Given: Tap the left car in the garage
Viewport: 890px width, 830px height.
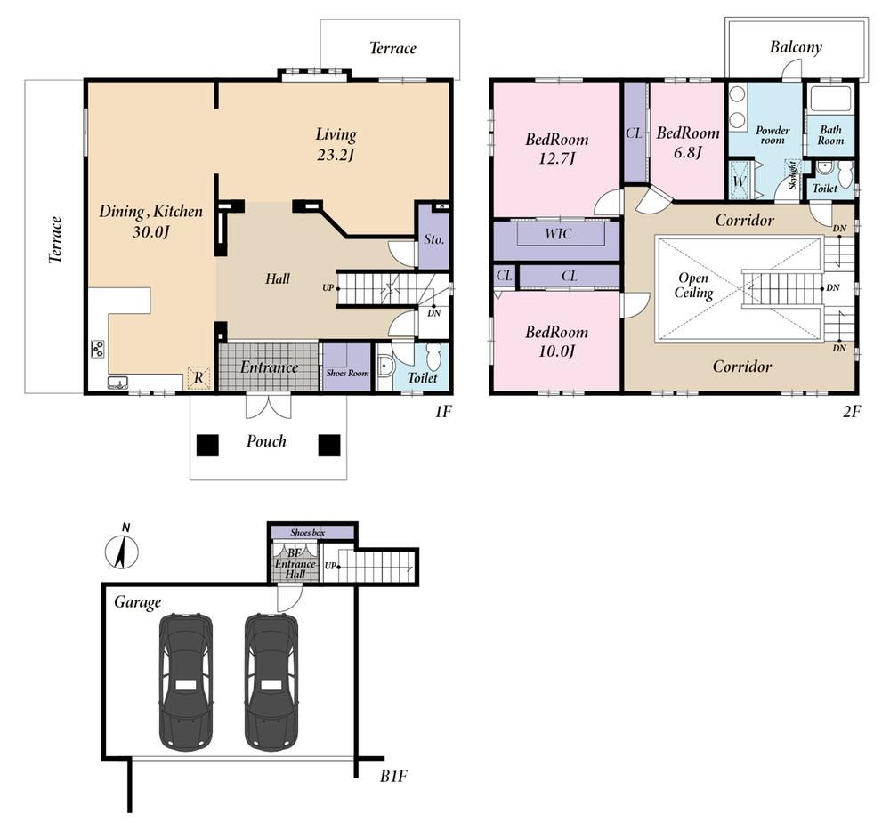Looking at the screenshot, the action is [186, 681].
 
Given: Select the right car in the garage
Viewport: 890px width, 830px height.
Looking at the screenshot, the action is [271, 681].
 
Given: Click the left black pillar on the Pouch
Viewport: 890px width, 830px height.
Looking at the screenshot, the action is [207, 446].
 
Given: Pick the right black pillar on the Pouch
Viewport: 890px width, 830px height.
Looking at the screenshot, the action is [329, 446].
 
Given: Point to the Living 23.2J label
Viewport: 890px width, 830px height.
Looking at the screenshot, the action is [336, 144].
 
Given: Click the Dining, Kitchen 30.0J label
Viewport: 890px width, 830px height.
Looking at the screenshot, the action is [150, 221].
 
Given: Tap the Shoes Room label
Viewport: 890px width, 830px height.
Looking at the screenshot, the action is [347, 374].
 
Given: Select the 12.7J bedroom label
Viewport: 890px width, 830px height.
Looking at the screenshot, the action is [557, 149].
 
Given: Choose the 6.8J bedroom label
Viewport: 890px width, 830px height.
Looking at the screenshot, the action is [688, 142].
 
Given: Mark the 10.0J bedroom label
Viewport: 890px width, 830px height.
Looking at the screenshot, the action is [557, 341].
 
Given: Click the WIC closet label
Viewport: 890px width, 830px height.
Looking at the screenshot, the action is [559, 234].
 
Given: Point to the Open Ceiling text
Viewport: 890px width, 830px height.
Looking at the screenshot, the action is [693, 286].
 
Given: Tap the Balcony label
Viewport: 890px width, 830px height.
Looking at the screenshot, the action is [796, 47].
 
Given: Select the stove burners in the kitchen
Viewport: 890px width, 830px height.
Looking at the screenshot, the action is [97, 349].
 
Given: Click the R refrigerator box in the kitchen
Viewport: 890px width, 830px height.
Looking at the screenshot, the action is [198, 378].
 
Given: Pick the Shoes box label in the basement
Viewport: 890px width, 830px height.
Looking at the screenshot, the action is [308, 533].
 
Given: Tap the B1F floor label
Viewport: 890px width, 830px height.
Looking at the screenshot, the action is [393, 776].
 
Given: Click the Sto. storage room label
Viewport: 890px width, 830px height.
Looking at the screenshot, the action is [434, 239].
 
